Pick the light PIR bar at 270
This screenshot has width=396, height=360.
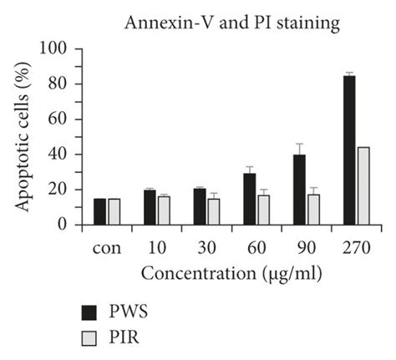(x=363, y=186)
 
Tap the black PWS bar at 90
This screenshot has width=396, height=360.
(x=299, y=190)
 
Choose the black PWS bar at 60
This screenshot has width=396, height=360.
(x=249, y=199)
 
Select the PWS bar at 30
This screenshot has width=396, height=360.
(x=199, y=206)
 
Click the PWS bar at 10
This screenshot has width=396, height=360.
(x=150, y=207)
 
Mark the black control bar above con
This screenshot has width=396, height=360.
(x=99, y=211)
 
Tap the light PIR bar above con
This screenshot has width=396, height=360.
(x=114, y=211)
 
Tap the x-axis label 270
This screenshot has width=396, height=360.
(x=356, y=248)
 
